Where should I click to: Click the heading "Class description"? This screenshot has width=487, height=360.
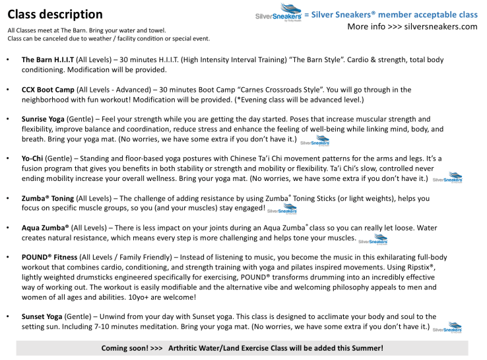(55, 15)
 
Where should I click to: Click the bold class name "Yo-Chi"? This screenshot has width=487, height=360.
(34, 159)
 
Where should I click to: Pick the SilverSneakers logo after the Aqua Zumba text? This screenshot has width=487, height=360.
(373, 240)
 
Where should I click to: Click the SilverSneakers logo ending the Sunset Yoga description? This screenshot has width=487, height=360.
(447, 328)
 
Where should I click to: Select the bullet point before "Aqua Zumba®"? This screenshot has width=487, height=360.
(7, 227)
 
